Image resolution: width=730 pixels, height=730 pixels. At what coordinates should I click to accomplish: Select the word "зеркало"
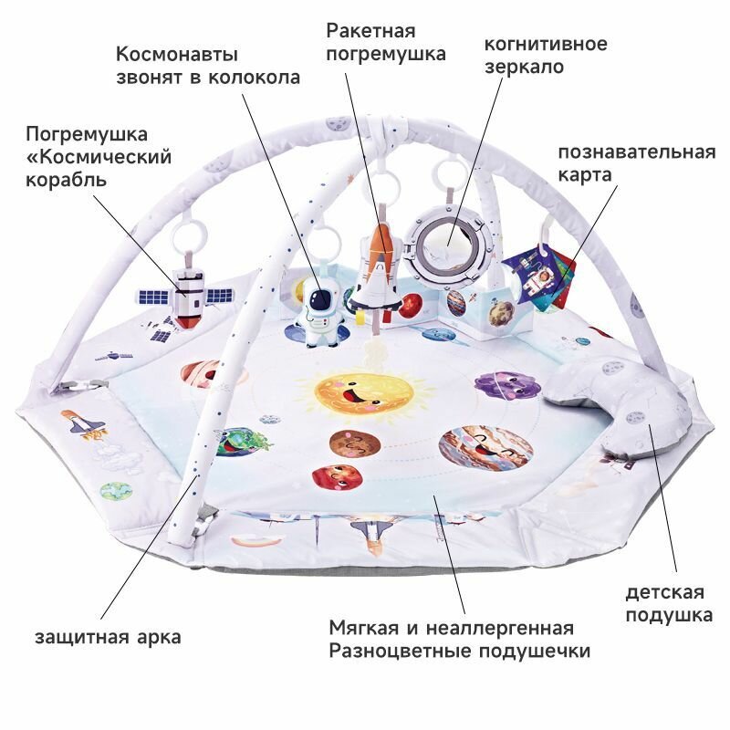(523, 67)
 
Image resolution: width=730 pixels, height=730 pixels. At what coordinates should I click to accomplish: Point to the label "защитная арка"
(108, 637)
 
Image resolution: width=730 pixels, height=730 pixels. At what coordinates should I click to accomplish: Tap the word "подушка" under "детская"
(668, 615)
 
